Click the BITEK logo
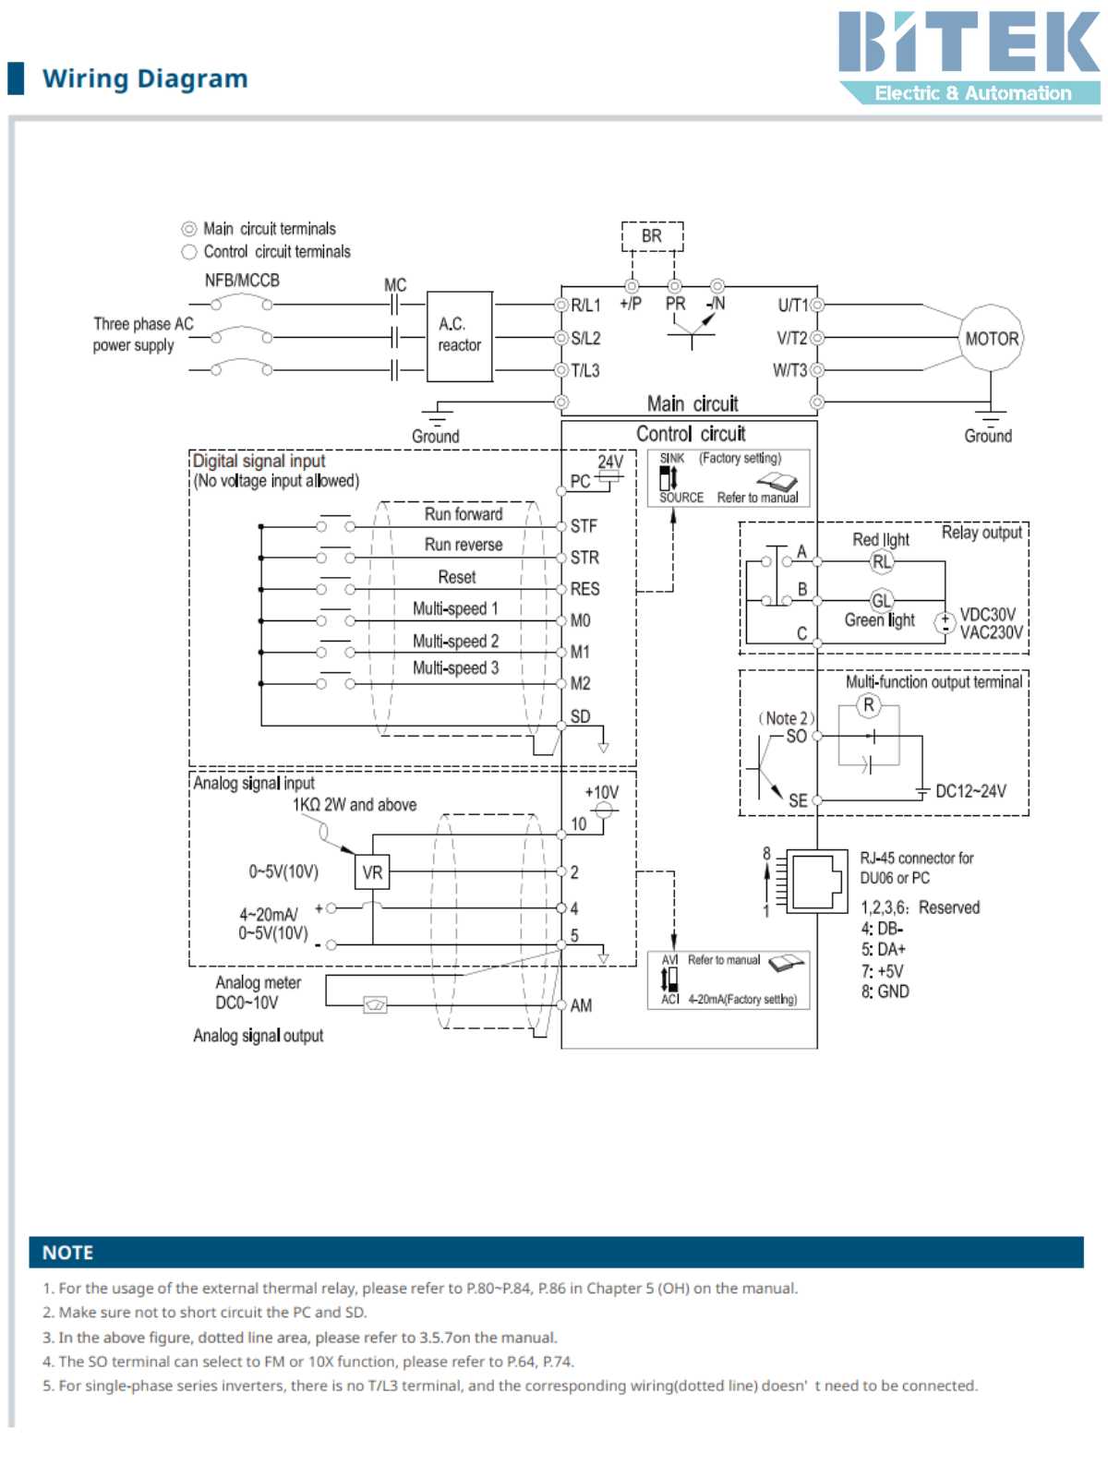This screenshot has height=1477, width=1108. coord(969,55)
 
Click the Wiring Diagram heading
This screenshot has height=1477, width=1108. coord(145,78)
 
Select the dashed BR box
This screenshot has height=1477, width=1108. coord(652,236)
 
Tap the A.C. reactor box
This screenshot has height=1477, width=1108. coord(459,336)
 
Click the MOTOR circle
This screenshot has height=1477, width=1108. coord(992,339)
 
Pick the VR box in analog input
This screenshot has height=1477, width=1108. coord(372,872)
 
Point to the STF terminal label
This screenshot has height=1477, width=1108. coord(584,526)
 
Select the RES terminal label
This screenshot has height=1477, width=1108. coord(584,589)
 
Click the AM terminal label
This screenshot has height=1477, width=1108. coord(581,1005)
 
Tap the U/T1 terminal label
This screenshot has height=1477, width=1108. coord(792,306)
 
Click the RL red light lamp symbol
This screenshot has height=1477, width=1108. coord(882,561)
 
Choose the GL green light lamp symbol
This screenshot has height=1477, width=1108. coord(882,600)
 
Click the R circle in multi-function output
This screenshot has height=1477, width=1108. coord(868,706)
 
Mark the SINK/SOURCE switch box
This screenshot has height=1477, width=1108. coord(729,477)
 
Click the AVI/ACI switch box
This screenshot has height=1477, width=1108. coord(729,979)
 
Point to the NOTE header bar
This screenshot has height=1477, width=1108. coord(556,1253)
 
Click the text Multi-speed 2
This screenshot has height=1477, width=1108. coord(455,641)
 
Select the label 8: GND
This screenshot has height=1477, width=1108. coord(885,991)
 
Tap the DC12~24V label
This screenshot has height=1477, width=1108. coord(970,791)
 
